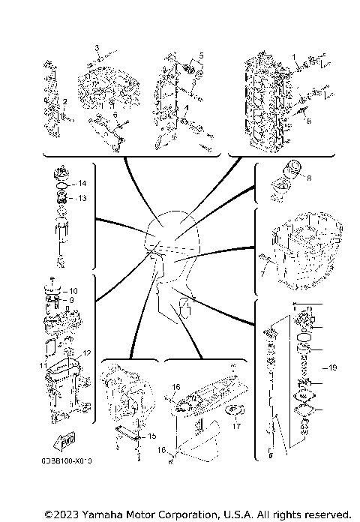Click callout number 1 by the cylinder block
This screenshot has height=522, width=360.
click(x=295, y=57)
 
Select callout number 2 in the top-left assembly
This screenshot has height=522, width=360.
click(x=65, y=101)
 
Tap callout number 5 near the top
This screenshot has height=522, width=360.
click(x=202, y=57)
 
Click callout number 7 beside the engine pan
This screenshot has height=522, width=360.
click(x=262, y=274)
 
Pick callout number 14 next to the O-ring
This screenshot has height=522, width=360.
click(x=83, y=184)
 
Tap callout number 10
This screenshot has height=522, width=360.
click(x=73, y=290)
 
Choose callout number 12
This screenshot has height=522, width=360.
click(x=87, y=352)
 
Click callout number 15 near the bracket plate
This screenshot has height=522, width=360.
click(x=152, y=436)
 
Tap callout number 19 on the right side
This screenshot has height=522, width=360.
click(x=332, y=367)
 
